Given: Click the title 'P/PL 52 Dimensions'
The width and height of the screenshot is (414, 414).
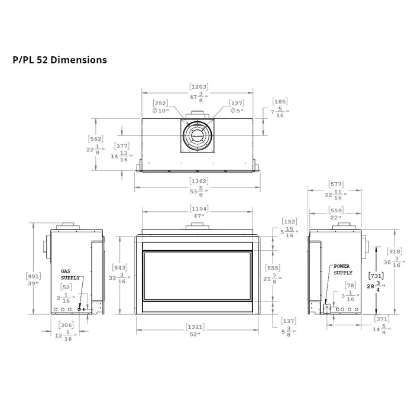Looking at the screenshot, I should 59,60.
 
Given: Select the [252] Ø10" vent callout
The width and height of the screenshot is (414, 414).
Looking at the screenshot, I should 161,106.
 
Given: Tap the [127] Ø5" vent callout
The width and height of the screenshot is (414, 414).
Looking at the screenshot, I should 236,106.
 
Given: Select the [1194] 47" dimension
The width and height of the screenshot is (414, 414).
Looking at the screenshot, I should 198,212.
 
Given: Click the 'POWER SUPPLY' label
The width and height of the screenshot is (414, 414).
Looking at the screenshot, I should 342,270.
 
